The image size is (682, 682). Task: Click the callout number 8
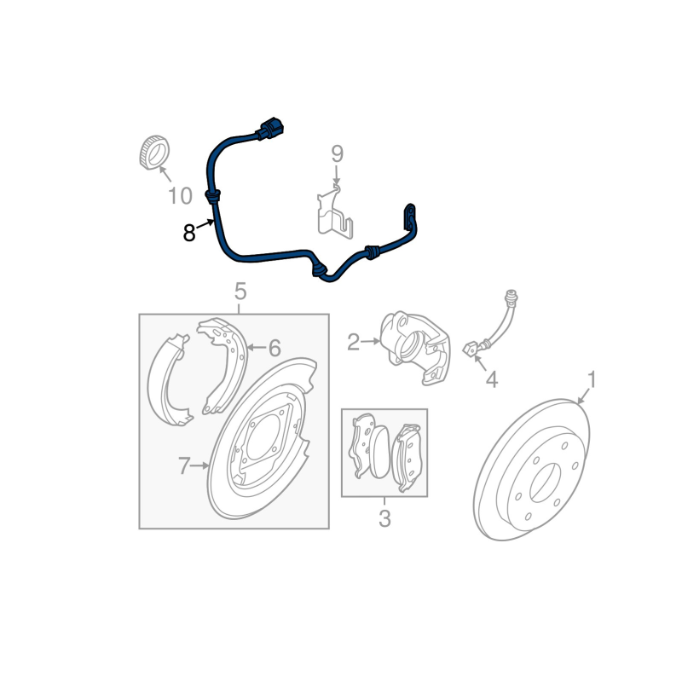tap(188, 233)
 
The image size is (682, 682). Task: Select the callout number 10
tap(180, 196)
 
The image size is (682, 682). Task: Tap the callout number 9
tap(337, 154)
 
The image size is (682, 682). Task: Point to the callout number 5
tap(240, 292)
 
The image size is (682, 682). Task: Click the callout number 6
tap(275, 348)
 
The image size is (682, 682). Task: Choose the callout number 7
tap(184, 465)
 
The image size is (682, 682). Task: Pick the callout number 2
tap(354, 343)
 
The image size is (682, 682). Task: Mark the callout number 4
tap(492, 380)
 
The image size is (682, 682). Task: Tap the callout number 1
tap(592, 379)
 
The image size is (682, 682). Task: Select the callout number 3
tap(384, 518)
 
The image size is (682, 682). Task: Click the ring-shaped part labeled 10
tap(154, 153)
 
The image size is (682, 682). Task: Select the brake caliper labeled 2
tap(414, 347)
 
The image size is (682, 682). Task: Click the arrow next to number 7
tap(201, 465)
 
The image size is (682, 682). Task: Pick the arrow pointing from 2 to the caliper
tap(371, 342)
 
